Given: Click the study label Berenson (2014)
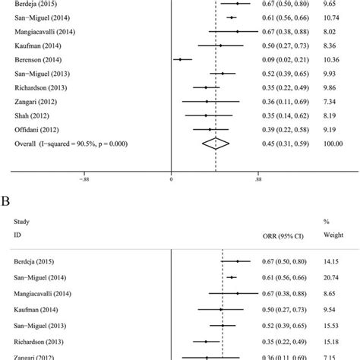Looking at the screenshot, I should (36, 58).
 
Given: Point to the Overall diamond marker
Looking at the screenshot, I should (216, 144).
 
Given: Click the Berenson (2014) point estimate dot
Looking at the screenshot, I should (180, 58).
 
